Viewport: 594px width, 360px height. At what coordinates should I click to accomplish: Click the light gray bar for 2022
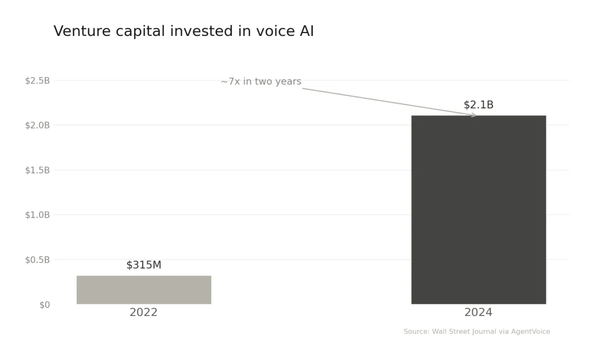(x=144, y=290)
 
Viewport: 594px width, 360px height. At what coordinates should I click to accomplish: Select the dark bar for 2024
(x=479, y=209)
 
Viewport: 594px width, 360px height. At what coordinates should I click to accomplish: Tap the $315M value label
(x=144, y=265)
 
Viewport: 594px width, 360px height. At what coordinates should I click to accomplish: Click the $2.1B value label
(x=479, y=105)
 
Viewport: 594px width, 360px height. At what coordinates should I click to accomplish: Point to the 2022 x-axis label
(x=143, y=312)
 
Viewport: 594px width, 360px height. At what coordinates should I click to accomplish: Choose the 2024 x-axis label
(x=478, y=312)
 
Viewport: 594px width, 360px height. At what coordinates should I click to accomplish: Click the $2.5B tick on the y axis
(x=37, y=81)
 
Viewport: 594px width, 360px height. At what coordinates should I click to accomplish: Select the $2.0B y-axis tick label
(x=37, y=125)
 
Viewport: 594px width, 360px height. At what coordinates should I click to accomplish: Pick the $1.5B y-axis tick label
(x=37, y=170)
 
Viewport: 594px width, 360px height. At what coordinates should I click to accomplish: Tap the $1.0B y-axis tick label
(x=37, y=215)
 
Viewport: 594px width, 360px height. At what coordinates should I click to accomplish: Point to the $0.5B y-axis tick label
(x=37, y=260)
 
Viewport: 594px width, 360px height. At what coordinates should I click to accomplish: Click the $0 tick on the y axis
(x=45, y=305)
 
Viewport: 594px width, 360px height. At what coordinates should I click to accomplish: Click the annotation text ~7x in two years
(x=261, y=82)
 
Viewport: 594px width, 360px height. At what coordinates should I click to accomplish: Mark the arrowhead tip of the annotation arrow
(x=476, y=115)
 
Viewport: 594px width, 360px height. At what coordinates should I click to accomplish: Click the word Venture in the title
(x=82, y=32)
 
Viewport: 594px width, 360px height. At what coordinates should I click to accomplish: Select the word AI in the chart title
(x=306, y=32)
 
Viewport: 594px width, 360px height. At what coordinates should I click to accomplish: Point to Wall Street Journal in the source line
(x=464, y=332)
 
